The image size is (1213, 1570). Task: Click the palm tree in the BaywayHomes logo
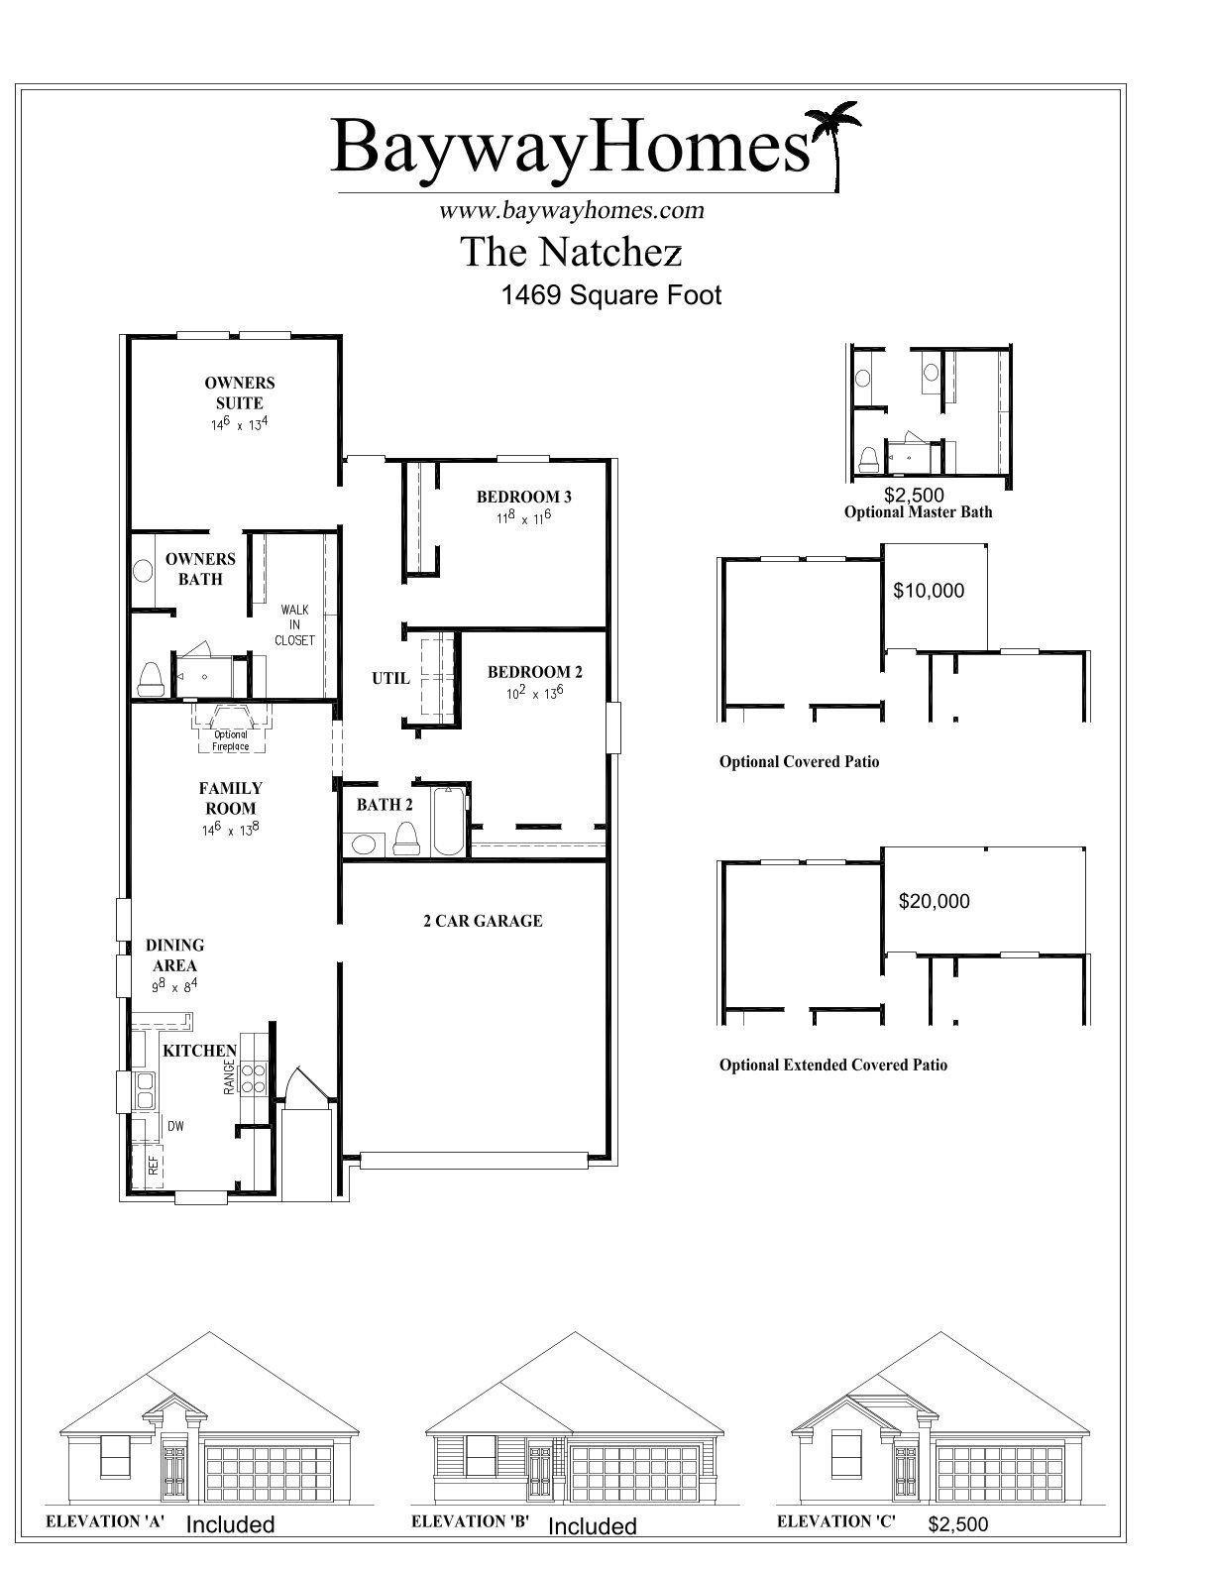tap(833, 141)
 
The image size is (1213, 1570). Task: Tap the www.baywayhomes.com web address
tap(572, 210)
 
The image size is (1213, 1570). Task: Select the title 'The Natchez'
tap(571, 252)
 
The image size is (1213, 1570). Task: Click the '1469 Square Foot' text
tap(611, 295)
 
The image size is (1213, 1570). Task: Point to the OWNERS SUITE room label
tap(239, 392)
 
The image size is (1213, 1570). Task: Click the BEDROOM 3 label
tap(524, 497)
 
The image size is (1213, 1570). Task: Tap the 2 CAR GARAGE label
tap(483, 921)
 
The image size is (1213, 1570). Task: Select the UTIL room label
tap(390, 678)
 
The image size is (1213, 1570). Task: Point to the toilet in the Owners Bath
tap(150, 679)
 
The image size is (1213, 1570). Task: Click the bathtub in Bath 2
tap(447, 821)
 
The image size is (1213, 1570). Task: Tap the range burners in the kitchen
tap(253, 1077)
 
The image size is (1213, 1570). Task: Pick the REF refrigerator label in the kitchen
tap(154, 1165)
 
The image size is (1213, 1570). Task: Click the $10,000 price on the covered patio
tap(929, 591)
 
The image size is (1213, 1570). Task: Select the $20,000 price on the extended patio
tap(935, 901)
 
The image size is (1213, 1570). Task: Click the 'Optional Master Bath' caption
tap(919, 512)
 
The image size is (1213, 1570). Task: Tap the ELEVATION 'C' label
tap(835, 1520)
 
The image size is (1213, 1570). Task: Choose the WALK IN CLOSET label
tap(294, 625)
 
